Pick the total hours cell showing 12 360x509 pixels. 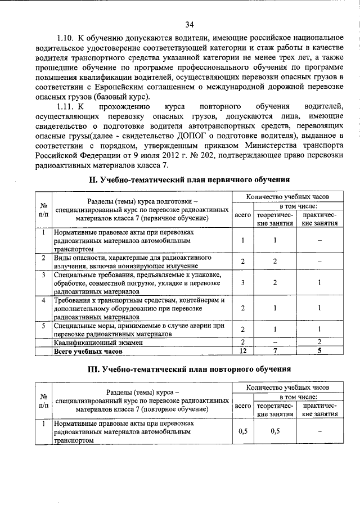coord(242,352)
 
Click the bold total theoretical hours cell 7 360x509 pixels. coord(275,352)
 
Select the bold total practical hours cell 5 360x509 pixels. coord(319,352)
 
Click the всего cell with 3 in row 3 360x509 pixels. coord(242,283)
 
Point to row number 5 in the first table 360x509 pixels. coord(43,326)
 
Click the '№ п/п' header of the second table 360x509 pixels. coord(43,400)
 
